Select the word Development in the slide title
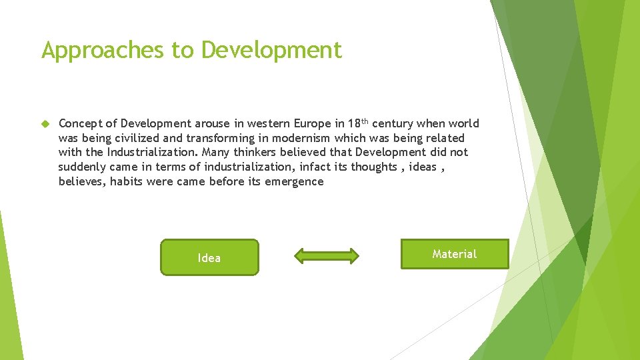(271, 50)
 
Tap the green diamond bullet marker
(45, 124)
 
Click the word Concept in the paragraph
(80, 123)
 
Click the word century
(394, 123)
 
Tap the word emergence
(294, 181)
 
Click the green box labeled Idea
(209, 257)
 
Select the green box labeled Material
(455, 254)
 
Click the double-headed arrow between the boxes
(327, 256)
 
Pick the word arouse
(212, 123)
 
